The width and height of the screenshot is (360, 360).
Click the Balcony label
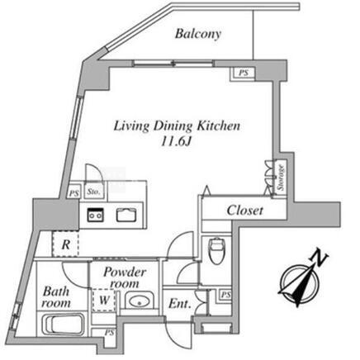tap(198, 34)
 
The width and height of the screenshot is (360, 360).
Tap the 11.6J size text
tap(176, 141)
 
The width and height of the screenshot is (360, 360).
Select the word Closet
tap(244, 211)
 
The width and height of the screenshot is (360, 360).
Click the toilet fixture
tap(217, 250)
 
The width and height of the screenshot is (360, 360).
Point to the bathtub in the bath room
tap(63, 325)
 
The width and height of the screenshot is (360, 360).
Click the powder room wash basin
tap(140, 301)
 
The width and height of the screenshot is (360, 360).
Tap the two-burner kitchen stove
tap(96, 216)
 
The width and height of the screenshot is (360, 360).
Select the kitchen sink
tap(126, 215)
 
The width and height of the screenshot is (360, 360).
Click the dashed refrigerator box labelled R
tap(65, 244)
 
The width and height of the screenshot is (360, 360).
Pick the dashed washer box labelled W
tap(104, 300)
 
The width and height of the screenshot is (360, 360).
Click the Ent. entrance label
tap(179, 304)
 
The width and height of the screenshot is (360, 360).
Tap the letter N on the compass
tap(319, 257)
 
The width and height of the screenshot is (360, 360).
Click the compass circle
tap(300, 284)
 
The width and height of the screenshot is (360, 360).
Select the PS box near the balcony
tap(243, 73)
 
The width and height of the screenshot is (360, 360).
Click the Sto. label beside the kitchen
tap(94, 192)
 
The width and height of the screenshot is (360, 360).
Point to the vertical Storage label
tap(281, 178)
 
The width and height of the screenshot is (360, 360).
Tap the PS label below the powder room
tap(109, 333)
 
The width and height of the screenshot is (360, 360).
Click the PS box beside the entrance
tap(225, 295)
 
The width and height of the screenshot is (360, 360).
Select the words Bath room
tap(56, 297)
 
